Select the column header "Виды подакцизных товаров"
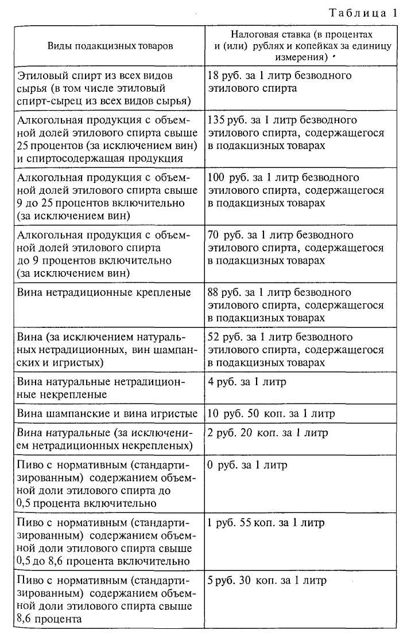point(110,46)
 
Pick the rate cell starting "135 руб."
point(295,132)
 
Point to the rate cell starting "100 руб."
point(295,190)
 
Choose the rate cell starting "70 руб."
point(295,248)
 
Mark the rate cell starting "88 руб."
point(295,305)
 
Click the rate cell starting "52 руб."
point(295,350)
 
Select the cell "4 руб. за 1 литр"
point(247,382)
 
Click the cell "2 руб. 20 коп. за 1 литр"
point(268,433)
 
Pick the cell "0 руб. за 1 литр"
point(247,465)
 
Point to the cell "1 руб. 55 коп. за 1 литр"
point(266,523)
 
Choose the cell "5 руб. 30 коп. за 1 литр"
point(267,580)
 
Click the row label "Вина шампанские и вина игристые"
point(108,414)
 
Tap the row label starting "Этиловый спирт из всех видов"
point(104,88)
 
